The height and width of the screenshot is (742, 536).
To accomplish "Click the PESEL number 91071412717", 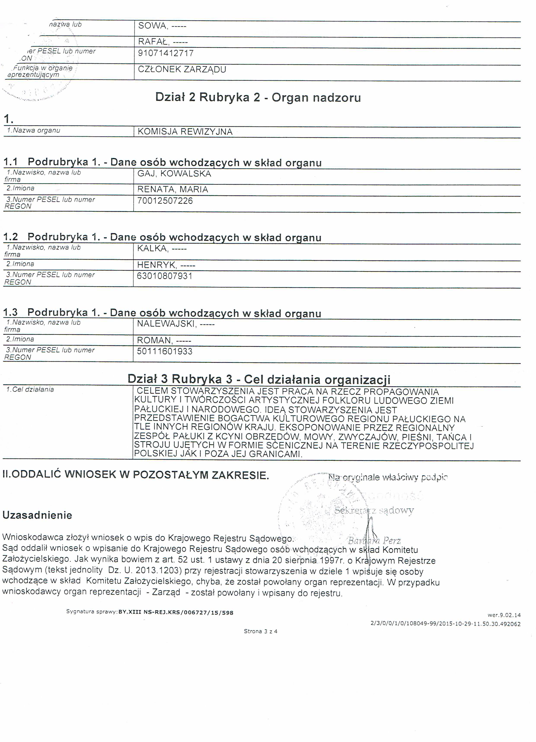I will (166, 53).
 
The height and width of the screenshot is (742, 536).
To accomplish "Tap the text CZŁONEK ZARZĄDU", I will (182, 69).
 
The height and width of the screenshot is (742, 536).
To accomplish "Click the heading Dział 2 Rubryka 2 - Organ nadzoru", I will (258, 97).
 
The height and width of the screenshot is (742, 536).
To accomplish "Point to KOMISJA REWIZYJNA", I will (185, 132).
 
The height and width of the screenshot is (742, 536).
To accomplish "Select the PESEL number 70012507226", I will (165, 200).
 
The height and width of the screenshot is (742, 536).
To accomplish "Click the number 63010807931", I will (165, 276).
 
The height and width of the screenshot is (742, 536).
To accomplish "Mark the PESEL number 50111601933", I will (165, 351).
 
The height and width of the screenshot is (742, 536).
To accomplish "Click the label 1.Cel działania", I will (30, 389).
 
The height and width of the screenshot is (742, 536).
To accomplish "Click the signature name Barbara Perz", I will (374, 540).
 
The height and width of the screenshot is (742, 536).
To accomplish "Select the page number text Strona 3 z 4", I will (261, 631).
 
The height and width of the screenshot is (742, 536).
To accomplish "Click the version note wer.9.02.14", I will (504, 615).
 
